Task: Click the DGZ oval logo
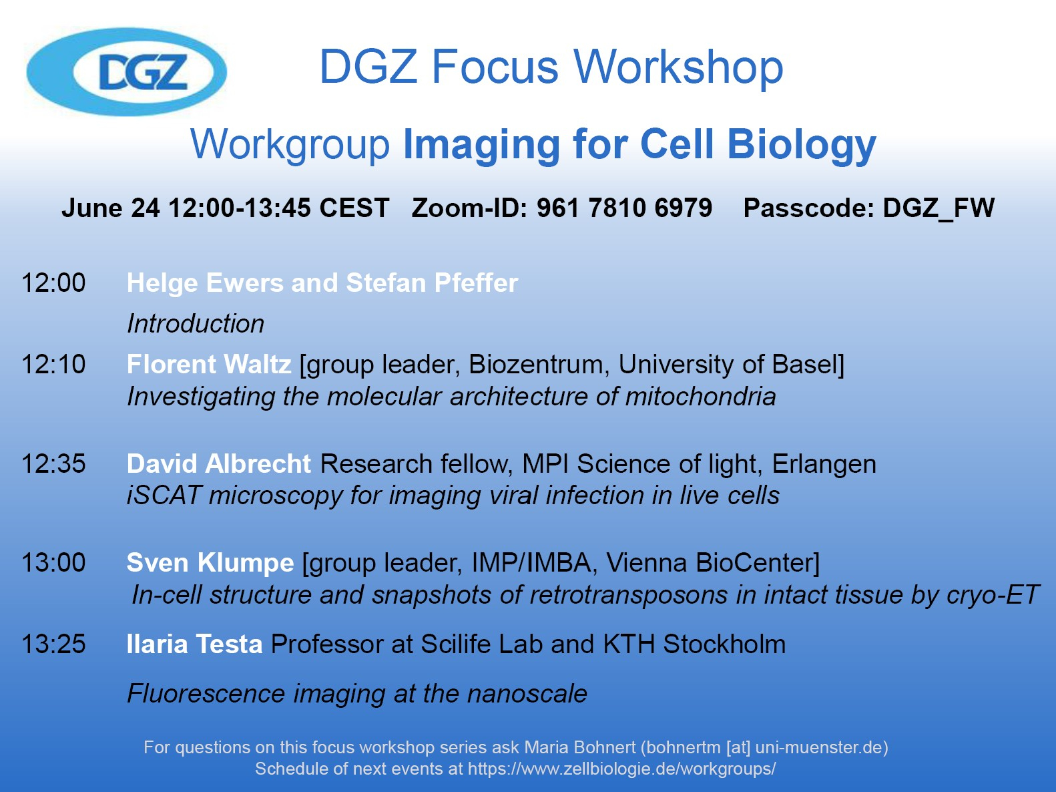(x=127, y=71)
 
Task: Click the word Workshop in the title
(x=679, y=67)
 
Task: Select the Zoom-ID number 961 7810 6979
(x=625, y=208)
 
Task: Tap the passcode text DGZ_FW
(x=939, y=208)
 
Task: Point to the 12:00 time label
(x=53, y=282)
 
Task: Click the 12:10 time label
(x=53, y=364)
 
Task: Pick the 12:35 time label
(x=53, y=464)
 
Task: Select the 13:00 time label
(x=53, y=562)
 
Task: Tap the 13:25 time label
(x=53, y=644)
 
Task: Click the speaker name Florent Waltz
(x=209, y=364)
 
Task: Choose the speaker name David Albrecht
(x=219, y=464)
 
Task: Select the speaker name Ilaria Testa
(x=194, y=644)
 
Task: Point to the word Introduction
(x=196, y=323)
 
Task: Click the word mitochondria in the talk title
(x=700, y=397)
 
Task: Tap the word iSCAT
(x=163, y=496)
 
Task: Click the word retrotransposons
(x=629, y=595)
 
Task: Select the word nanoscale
(x=527, y=694)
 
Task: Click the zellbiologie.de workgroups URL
(x=622, y=769)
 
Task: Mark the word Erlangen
(x=824, y=465)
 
